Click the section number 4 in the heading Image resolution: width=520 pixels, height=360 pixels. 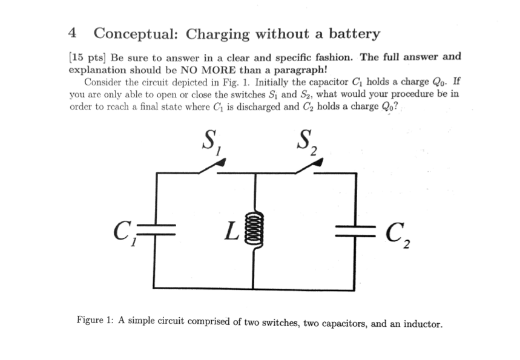pyautogui.click(x=72, y=33)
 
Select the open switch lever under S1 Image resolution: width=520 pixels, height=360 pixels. pyautogui.click(x=212, y=166)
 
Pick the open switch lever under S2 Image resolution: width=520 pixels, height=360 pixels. pyautogui.click(x=309, y=166)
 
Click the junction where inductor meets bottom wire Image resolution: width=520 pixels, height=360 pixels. pyautogui.click(x=252, y=287)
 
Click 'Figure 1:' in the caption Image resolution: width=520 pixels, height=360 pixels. pyautogui.click(x=96, y=320)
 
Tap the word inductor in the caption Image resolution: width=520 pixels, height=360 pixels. pyautogui.click(x=423, y=323)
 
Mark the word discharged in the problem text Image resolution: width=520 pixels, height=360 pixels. pyautogui.click(x=255, y=106)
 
